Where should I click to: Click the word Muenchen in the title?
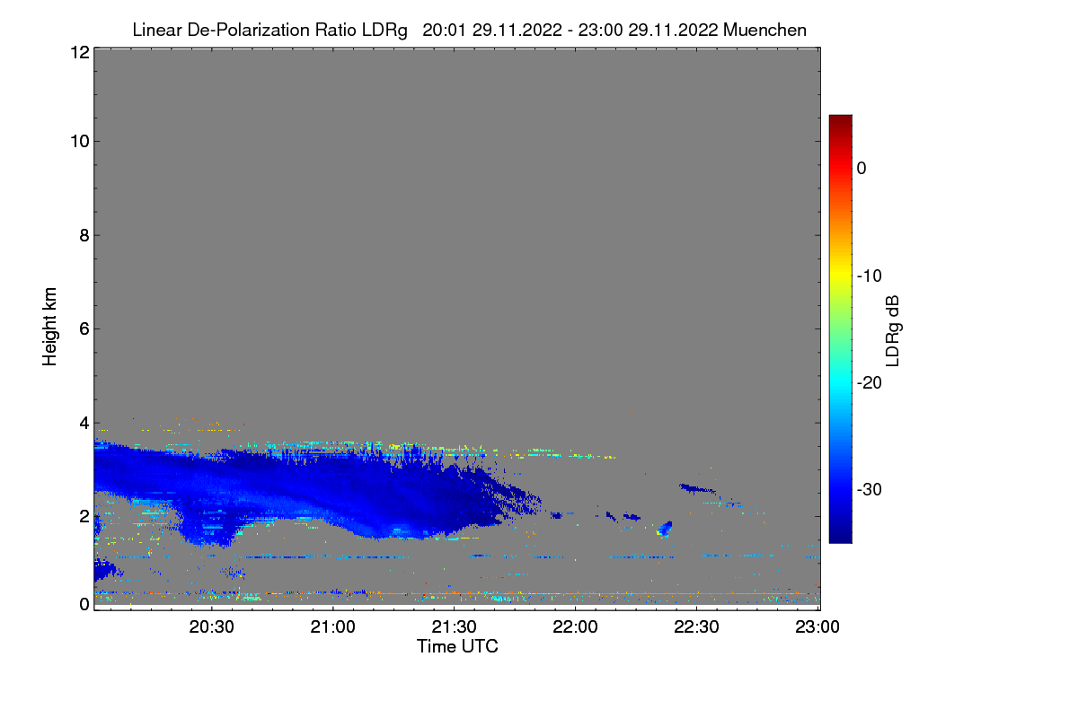point(764,31)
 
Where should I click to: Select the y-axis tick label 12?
point(78,53)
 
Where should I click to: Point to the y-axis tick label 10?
point(78,142)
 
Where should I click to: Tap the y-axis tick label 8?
point(83,236)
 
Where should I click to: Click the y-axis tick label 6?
point(83,329)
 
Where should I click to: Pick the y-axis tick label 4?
point(83,423)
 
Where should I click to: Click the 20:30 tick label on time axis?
point(212,627)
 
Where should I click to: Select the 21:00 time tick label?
point(333,627)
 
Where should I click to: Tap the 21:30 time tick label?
point(455,627)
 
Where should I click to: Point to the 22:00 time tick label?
point(576,627)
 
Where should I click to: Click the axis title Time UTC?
point(457,646)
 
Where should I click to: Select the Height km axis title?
point(50,327)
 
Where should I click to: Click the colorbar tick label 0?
point(862,169)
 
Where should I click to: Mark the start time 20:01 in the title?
point(441,31)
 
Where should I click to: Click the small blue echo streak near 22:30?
point(697,489)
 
